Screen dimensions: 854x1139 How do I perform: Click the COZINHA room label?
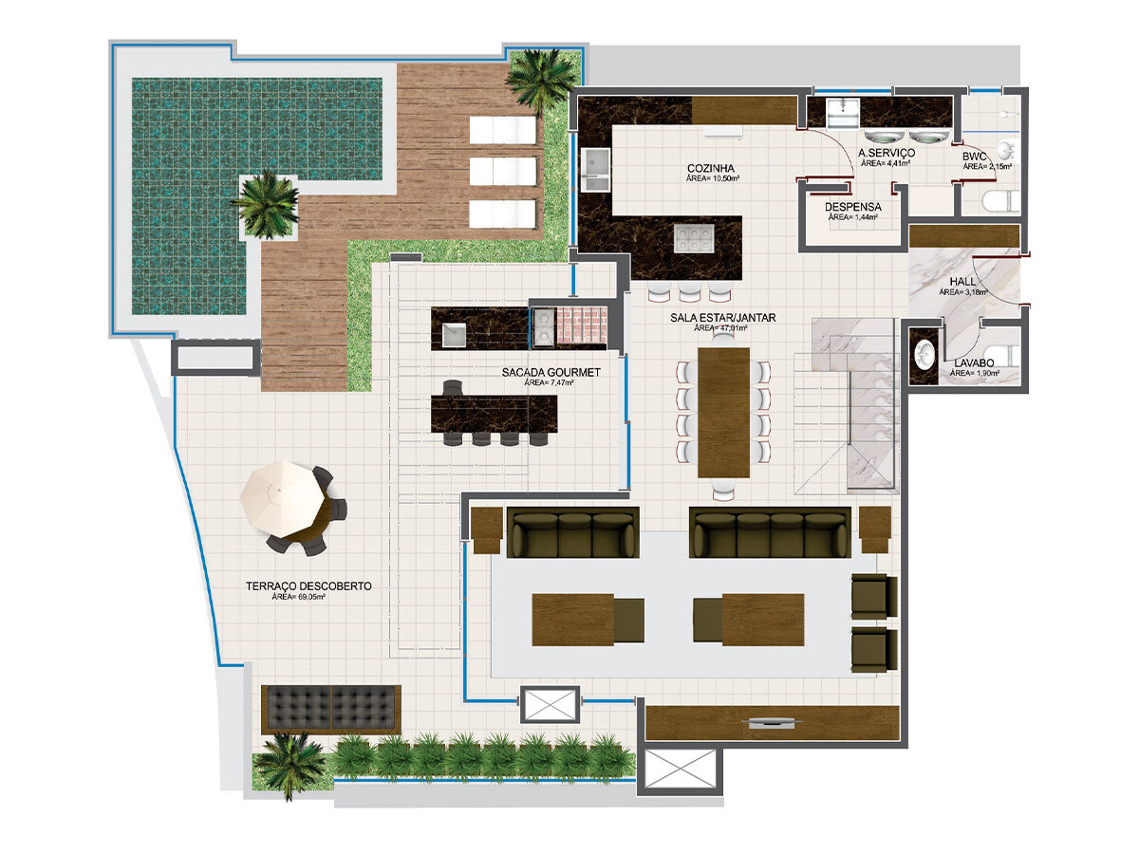click(714, 168)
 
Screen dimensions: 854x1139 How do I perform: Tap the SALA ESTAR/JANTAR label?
click(721, 318)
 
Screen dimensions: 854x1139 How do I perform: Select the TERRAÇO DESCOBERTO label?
click(308, 586)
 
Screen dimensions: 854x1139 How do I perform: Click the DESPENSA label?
click(852, 207)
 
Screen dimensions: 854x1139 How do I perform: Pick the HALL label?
click(962, 283)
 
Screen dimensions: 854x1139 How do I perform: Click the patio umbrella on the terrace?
click(282, 495)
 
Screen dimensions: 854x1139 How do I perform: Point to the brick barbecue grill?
click(580, 326)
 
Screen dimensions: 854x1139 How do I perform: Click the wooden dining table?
click(724, 412)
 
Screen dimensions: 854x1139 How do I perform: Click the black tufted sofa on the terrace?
click(331, 707)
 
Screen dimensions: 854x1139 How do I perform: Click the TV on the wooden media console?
click(772, 723)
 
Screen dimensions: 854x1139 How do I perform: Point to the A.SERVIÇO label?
click(886, 153)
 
